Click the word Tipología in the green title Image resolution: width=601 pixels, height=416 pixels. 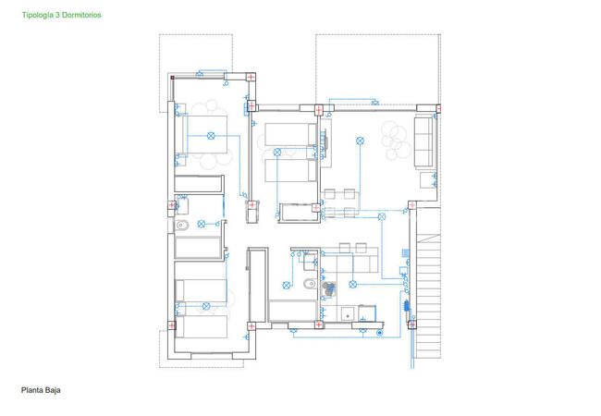click(x=38, y=16)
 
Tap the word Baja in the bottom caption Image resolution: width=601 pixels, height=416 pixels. click(x=53, y=390)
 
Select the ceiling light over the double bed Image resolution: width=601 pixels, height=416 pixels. click(x=211, y=136)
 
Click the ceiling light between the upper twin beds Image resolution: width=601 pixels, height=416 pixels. click(x=277, y=153)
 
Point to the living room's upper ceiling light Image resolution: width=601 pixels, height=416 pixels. click(x=360, y=141)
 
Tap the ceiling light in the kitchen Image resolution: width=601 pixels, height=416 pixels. click(x=352, y=284)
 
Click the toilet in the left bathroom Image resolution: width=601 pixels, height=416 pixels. click(x=182, y=226)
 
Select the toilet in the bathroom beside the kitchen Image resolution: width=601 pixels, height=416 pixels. click(x=310, y=284)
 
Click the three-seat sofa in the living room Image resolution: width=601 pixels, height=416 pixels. click(x=423, y=142)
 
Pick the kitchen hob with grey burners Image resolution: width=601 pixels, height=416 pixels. click(x=328, y=289)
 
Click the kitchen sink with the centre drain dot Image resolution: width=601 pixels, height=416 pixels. click(x=348, y=314)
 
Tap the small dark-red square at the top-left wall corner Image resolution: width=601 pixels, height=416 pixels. click(x=173, y=78)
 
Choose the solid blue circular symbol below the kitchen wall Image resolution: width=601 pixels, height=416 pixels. click(x=380, y=333)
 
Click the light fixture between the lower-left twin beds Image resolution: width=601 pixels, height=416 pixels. click(x=206, y=306)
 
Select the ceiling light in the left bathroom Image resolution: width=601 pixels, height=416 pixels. click(x=202, y=224)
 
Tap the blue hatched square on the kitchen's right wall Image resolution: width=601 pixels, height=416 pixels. click(x=405, y=252)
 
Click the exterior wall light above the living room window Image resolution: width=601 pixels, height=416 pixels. click(x=374, y=103)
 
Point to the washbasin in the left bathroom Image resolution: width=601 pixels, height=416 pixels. click(x=182, y=205)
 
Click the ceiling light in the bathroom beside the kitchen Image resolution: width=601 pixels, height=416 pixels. click(x=286, y=285)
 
